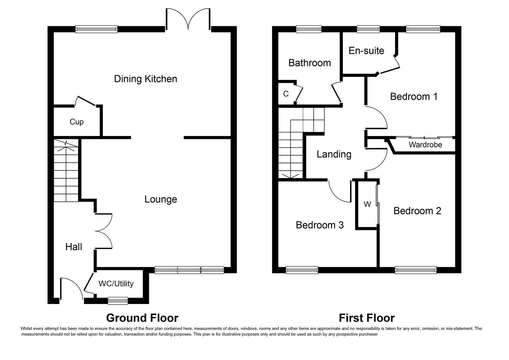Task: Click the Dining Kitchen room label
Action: (146, 79)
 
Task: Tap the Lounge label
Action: (161, 199)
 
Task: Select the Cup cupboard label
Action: (77, 122)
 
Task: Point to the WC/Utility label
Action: (116, 284)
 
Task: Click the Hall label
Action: (74, 247)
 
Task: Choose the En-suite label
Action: (366, 51)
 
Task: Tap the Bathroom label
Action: (309, 63)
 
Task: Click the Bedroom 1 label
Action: (414, 97)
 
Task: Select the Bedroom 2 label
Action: (417, 211)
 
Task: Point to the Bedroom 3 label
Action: (319, 225)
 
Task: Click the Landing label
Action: (334, 154)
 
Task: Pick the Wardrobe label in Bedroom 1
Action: (425, 145)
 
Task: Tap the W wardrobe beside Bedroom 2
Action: (367, 204)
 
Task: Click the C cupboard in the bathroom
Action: (286, 94)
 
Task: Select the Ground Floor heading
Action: (142, 318)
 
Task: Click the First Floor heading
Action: (367, 318)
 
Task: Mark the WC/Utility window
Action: (118, 301)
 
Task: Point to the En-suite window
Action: (368, 29)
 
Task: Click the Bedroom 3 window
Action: (302, 270)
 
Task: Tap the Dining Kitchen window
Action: (97, 29)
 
